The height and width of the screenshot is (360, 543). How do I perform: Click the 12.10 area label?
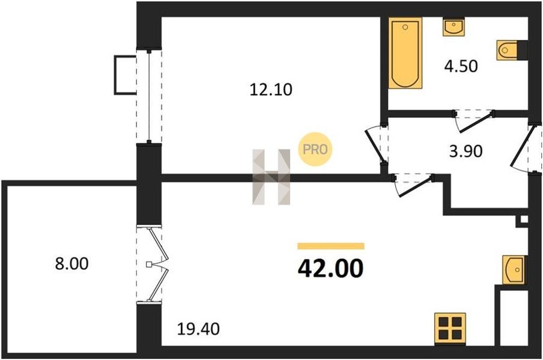[271, 90]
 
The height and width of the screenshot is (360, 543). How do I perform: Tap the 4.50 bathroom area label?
[461, 66]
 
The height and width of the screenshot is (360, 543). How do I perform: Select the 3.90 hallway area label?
[466, 151]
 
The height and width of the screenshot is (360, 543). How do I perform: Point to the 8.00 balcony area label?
[72, 264]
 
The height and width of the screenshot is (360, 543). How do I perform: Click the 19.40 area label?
[198, 329]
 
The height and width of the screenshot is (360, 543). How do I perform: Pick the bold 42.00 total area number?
[331, 268]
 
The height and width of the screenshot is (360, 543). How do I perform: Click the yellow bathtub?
[405, 53]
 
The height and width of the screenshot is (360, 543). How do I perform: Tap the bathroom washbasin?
[454, 27]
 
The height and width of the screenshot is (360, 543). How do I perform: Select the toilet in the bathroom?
[512, 50]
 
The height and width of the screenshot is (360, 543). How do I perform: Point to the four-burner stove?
[450, 329]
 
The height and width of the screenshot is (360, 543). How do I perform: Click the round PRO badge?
[315, 150]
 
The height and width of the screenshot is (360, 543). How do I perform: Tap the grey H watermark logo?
[271, 177]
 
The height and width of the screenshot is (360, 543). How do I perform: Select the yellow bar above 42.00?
[331, 246]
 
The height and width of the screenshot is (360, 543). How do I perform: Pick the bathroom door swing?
[474, 122]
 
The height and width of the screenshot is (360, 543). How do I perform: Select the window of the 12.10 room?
[149, 96]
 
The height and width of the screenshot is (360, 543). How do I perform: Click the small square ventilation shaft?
[524, 219]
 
